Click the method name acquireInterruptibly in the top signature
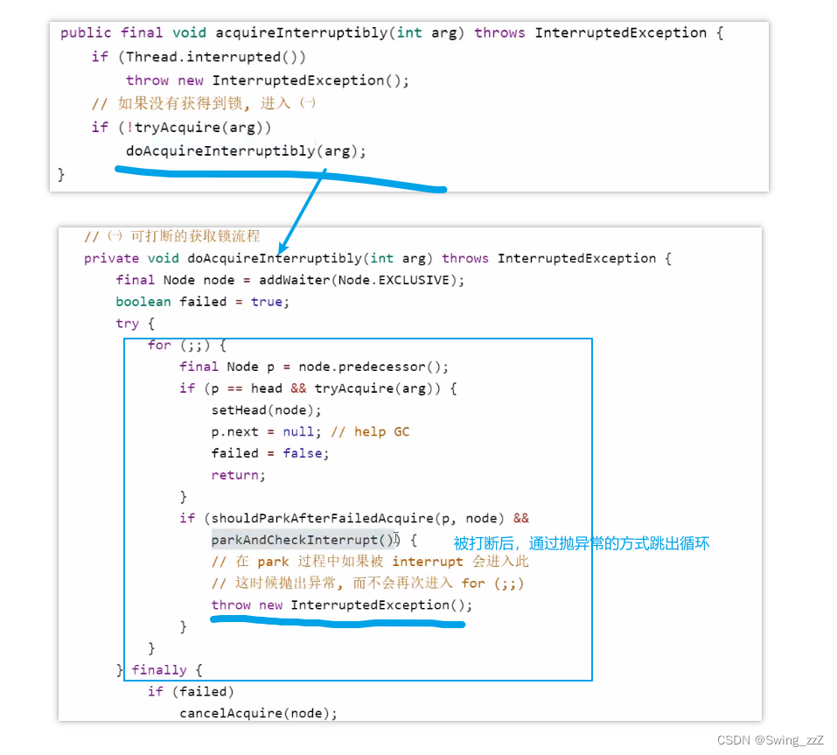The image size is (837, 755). coord(302,33)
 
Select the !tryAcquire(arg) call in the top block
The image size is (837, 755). coord(195,128)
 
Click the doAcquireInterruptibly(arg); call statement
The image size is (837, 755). coord(246,151)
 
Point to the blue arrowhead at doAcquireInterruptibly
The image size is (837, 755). coord(282,248)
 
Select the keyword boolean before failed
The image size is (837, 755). coord(143,302)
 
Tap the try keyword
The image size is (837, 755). coord(127,324)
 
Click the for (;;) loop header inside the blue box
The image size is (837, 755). coord(187,346)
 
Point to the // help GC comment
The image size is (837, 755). coord(370,431)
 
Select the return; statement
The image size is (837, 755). coord(238,475)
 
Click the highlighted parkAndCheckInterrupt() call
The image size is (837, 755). coord(303,540)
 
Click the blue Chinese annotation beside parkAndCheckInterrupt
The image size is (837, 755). coord(582,543)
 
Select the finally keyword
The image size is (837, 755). coord(159,670)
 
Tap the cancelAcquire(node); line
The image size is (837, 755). coord(258,713)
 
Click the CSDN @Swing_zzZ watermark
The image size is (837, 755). coord(771,740)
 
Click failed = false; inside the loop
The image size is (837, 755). coord(270,453)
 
